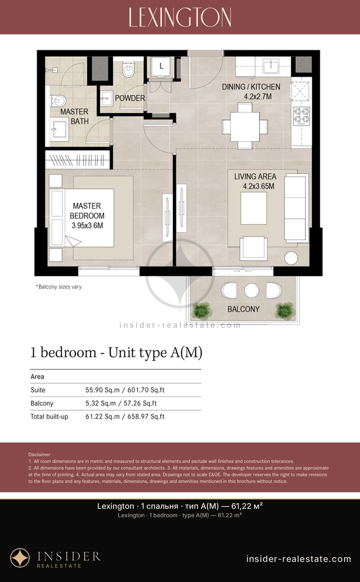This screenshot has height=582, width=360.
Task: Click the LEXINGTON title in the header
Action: (x=180, y=17)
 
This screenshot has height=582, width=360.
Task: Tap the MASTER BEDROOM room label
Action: (x=87, y=216)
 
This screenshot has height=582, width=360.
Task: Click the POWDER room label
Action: (x=130, y=98)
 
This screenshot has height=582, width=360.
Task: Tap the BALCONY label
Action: (x=244, y=309)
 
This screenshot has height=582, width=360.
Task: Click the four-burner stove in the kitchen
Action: (x=301, y=116)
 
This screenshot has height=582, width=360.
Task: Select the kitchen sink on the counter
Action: (x=271, y=66)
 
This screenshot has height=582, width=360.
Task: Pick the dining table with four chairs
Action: (x=245, y=126)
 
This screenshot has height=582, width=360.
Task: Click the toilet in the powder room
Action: (x=128, y=70)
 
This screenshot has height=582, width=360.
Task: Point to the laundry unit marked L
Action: (x=161, y=66)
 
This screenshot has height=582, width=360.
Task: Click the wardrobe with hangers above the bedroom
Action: (x=77, y=160)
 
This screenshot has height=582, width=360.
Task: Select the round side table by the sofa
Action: (x=291, y=258)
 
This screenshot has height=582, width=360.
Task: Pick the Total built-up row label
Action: (x=49, y=416)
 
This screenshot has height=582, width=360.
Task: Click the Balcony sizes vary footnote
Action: (x=59, y=287)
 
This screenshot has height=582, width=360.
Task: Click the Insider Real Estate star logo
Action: (x=20, y=558)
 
